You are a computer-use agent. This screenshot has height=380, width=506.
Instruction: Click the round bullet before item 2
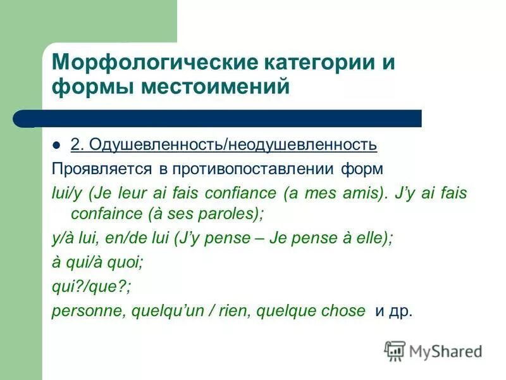pos(59,144)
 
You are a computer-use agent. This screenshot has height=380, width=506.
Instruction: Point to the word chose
pos(345,310)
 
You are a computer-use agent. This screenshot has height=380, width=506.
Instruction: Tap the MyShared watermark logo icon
pos(395,350)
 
